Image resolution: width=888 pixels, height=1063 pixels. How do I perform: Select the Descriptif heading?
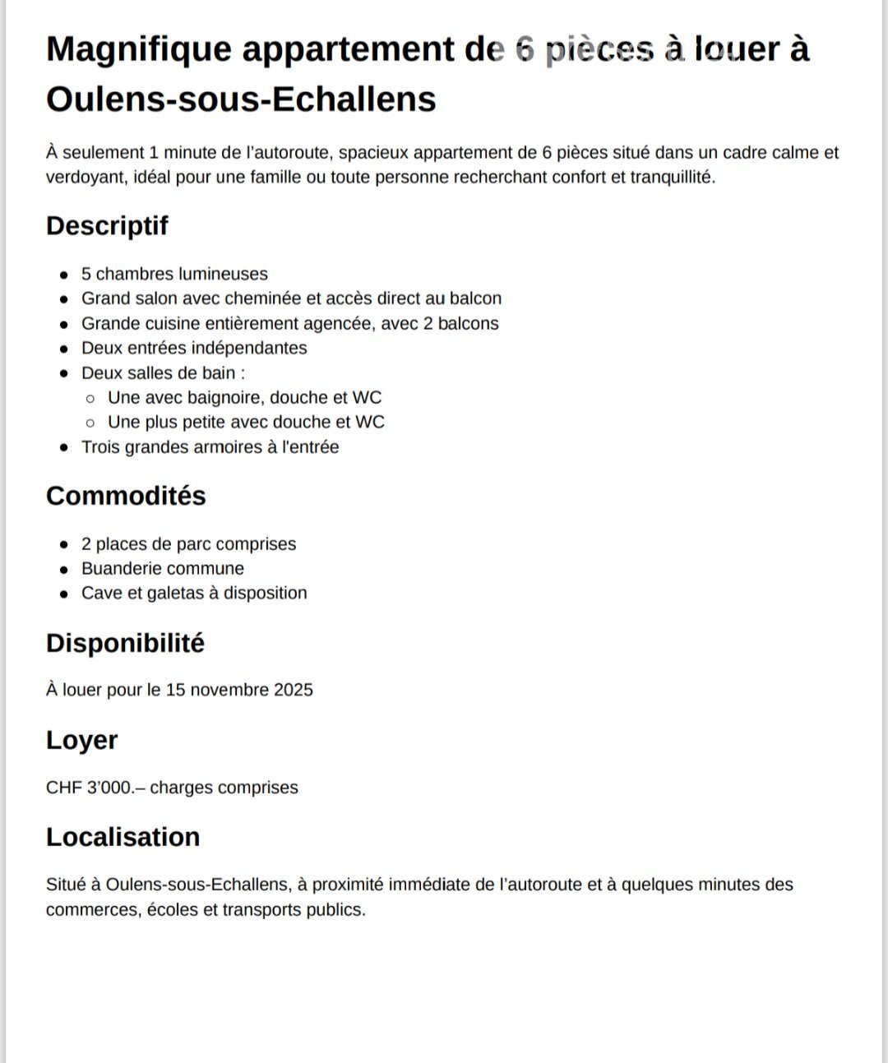pos(107,225)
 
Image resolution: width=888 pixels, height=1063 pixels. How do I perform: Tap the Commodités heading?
pos(126,496)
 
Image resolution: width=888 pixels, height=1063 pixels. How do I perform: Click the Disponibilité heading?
pos(125,643)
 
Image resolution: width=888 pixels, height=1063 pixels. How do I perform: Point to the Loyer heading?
pos(81,740)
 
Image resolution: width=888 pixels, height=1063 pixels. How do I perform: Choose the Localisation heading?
pos(123,837)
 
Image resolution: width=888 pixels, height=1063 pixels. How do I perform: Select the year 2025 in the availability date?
pos(294,690)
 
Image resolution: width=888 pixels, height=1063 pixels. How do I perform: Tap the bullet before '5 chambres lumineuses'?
pos(64,275)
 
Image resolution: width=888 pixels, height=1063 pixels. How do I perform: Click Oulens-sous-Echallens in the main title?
pos(241,99)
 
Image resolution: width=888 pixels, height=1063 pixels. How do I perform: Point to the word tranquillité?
pos(673,178)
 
